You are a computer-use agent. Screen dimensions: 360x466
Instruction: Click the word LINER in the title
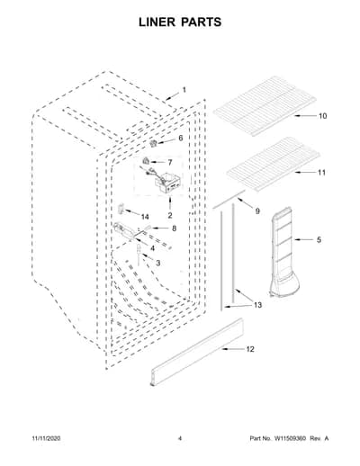pyautogui.click(x=157, y=22)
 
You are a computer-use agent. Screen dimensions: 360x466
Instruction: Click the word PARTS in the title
pyautogui.click(x=201, y=22)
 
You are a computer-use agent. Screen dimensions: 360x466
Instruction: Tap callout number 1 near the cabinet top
pyautogui.click(x=184, y=90)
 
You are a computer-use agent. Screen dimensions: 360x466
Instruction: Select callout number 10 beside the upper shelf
pyautogui.click(x=322, y=116)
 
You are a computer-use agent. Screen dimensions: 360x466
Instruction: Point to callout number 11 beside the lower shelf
pyautogui.click(x=321, y=173)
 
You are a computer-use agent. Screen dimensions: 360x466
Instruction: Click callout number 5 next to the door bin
pyautogui.click(x=319, y=239)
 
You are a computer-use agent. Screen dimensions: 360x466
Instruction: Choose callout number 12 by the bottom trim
pyautogui.click(x=250, y=349)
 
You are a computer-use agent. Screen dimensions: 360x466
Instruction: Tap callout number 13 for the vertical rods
pyautogui.click(x=257, y=305)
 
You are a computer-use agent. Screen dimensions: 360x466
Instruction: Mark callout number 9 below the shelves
pyautogui.click(x=257, y=211)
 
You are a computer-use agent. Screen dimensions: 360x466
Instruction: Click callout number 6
pyautogui.click(x=180, y=138)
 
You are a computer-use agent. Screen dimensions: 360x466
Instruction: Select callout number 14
pyautogui.click(x=145, y=217)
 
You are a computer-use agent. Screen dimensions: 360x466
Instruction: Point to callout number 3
pyautogui.click(x=157, y=263)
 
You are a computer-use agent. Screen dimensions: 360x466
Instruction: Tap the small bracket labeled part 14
pyautogui.click(x=121, y=208)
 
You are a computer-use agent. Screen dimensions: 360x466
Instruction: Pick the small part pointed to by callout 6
pyautogui.click(x=154, y=143)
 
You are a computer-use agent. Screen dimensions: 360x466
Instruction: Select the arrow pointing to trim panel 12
pyautogui.click(x=233, y=349)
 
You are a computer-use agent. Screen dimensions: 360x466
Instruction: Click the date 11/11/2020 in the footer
pyautogui.click(x=46, y=438)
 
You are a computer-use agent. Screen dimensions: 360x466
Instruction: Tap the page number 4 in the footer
pyautogui.click(x=180, y=438)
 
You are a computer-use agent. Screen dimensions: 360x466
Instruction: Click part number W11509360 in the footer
pyautogui.click(x=289, y=438)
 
